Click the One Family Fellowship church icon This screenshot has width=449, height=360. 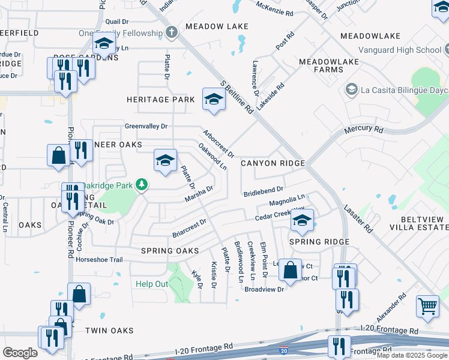tap(172, 32)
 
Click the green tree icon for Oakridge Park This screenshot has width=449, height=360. tap(142, 184)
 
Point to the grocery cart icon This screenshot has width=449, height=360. tap(427, 307)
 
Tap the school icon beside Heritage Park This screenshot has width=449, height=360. tap(213, 99)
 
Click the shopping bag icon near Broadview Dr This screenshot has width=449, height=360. tap(291, 270)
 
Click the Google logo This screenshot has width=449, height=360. tap(20, 353)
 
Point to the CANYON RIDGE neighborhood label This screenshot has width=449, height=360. tap(273, 163)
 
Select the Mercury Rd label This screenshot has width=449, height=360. tap(363, 130)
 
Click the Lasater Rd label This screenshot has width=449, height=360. tap(358, 219)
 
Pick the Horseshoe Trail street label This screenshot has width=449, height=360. tap(99, 260)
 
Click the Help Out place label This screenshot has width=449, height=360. tap(152, 284)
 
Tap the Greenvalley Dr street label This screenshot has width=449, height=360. tap(146, 127)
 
